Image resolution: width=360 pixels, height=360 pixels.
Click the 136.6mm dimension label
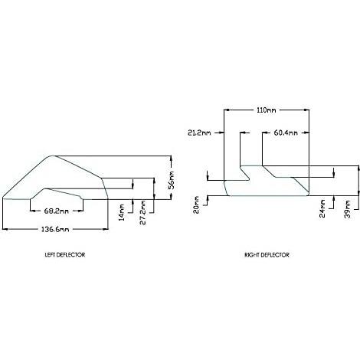(55, 229)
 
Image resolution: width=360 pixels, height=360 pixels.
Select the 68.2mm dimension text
(57, 211)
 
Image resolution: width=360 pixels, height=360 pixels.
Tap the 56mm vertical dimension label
(172, 180)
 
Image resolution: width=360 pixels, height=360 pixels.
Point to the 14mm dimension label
(122, 212)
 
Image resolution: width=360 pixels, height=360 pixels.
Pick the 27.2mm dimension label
(143, 212)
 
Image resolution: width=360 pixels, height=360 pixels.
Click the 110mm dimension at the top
(266, 110)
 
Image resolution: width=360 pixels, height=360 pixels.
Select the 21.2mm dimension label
(199, 133)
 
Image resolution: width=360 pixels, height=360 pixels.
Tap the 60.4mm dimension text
(286, 133)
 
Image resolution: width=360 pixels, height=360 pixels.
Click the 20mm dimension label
(196, 205)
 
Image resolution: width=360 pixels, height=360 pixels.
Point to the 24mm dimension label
(322, 208)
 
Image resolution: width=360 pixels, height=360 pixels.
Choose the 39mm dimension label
(347, 209)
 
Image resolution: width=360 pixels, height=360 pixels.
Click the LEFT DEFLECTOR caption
(65, 255)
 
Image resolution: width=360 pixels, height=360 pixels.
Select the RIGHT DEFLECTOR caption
(267, 255)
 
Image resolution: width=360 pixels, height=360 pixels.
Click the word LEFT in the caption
(50, 255)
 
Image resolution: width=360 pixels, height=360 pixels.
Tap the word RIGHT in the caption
(251, 255)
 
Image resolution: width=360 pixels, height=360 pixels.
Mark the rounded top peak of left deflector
(52, 155)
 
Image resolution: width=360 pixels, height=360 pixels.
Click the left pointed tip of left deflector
(2, 198)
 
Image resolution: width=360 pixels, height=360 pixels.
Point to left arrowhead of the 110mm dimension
(226, 110)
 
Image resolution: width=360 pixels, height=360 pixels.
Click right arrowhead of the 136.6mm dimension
(106, 229)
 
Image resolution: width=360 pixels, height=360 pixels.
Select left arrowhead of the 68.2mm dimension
(33, 211)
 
